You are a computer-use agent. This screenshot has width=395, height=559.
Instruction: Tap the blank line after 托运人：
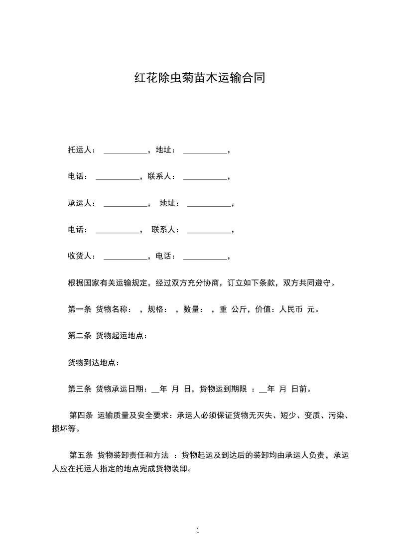point(125,151)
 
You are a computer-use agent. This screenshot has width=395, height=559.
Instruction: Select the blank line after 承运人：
point(125,204)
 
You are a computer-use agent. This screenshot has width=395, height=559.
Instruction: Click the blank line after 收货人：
point(125,258)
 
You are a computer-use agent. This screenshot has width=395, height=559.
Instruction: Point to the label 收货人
point(79,256)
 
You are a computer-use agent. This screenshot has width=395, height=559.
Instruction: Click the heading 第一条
point(79,309)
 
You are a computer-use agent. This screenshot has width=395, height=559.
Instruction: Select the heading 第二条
point(79,336)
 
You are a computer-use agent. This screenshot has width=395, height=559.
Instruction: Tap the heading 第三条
point(79,389)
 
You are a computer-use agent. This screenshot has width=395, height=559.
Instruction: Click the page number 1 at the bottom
point(198,531)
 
